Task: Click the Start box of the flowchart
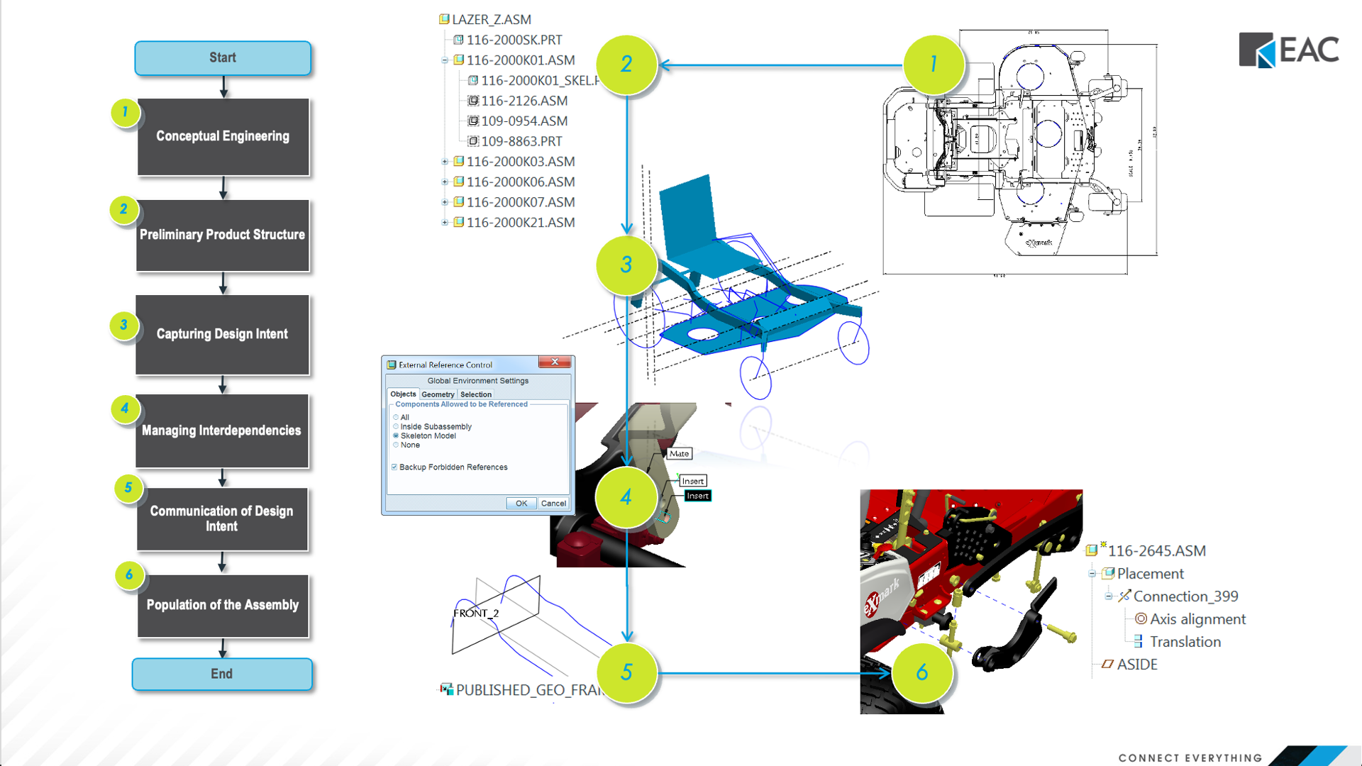pyautogui.click(x=223, y=58)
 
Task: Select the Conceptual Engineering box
pyautogui.click(x=223, y=136)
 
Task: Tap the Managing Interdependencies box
pyautogui.click(x=221, y=431)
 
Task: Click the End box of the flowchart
pyautogui.click(x=221, y=674)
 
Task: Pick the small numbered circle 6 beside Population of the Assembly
pyautogui.click(x=129, y=574)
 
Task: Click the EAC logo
pyautogui.click(x=1288, y=50)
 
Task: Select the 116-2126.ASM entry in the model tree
pyautogui.click(x=524, y=101)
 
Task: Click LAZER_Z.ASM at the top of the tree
pyautogui.click(x=491, y=20)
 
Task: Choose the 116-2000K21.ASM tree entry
pyautogui.click(x=520, y=223)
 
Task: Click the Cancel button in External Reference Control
pyautogui.click(x=553, y=504)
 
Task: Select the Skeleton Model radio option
pyautogui.click(x=396, y=436)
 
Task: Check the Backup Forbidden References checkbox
pyautogui.click(x=394, y=467)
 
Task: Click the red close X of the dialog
pyautogui.click(x=555, y=362)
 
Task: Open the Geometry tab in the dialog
pyautogui.click(x=438, y=394)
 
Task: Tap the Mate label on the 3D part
pyautogui.click(x=679, y=454)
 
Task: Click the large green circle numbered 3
pyautogui.click(x=626, y=265)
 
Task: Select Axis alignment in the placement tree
pyautogui.click(x=1197, y=619)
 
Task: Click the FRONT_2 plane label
pyautogui.click(x=476, y=614)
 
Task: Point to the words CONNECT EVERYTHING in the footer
pyautogui.click(x=1190, y=757)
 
